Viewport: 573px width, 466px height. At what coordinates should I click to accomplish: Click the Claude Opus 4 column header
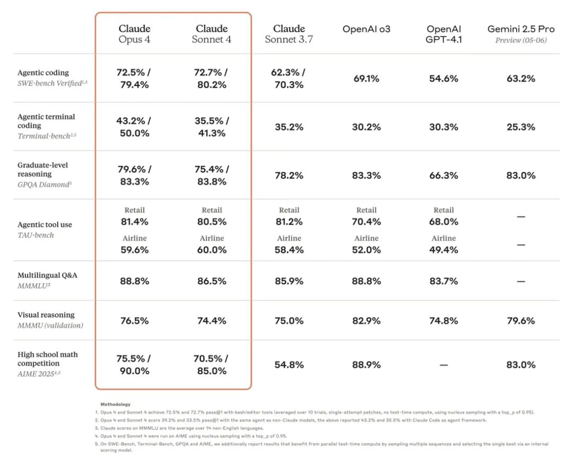[x=134, y=34]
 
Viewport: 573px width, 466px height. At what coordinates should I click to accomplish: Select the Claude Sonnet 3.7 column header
[x=289, y=34]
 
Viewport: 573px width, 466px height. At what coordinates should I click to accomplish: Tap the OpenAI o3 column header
[x=366, y=29]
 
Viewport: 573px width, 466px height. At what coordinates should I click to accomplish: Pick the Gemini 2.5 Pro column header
[x=520, y=29]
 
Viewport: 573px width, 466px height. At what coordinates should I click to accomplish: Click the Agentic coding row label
[x=43, y=73]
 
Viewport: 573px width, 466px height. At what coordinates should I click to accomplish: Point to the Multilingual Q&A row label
[x=47, y=275]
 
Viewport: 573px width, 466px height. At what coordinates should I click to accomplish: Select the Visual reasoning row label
[x=46, y=315]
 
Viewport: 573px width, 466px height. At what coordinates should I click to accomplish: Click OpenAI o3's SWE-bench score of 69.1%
[x=366, y=78]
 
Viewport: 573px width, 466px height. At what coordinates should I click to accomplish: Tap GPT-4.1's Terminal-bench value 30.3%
[x=444, y=127]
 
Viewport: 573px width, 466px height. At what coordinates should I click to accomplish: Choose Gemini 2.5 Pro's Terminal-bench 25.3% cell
[x=520, y=127]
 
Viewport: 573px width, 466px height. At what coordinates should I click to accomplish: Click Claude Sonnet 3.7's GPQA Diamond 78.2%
[x=289, y=175]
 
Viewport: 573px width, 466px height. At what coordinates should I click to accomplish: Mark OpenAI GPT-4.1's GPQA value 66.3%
[x=444, y=175]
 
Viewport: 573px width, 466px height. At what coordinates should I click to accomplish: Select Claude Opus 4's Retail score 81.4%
[x=134, y=222]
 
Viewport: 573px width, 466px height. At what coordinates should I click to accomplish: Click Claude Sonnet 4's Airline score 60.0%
[x=212, y=250]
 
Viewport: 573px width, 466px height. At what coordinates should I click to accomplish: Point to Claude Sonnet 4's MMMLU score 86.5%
[x=212, y=281]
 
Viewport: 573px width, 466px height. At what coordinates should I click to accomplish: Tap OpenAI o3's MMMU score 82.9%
[x=366, y=321]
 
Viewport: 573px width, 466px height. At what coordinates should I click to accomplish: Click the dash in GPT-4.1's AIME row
[x=444, y=365]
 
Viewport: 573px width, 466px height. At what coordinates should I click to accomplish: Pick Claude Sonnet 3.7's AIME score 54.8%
[x=289, y=365]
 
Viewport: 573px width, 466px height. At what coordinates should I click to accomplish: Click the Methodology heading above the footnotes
[x=115, y=404]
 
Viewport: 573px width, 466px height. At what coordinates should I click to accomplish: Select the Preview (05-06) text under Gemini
[x=520, y=40]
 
